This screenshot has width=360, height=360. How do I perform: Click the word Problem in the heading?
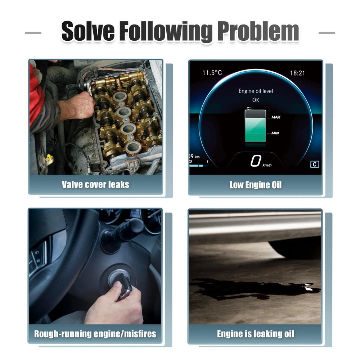coord(258,32)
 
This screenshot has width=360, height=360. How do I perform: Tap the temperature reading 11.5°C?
coord(212,73)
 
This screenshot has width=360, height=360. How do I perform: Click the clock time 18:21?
coord(298,73)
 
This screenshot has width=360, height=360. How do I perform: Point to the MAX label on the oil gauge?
coord(276,117)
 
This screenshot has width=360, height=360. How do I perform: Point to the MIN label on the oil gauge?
coord(275,133)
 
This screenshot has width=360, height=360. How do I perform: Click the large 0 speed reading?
coord(256,161)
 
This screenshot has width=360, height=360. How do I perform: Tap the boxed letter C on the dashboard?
coord(315,165)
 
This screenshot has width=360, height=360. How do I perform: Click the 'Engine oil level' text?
coord(256,91)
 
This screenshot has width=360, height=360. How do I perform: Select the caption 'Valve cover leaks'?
coord(95,185)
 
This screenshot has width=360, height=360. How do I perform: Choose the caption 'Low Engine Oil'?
coord(256,185)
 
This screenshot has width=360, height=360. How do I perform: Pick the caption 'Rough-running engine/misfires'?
coord(95,334)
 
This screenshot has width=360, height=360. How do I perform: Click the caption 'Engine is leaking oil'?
coord(256,334)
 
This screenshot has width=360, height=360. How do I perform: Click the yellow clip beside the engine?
coord(49,158)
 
